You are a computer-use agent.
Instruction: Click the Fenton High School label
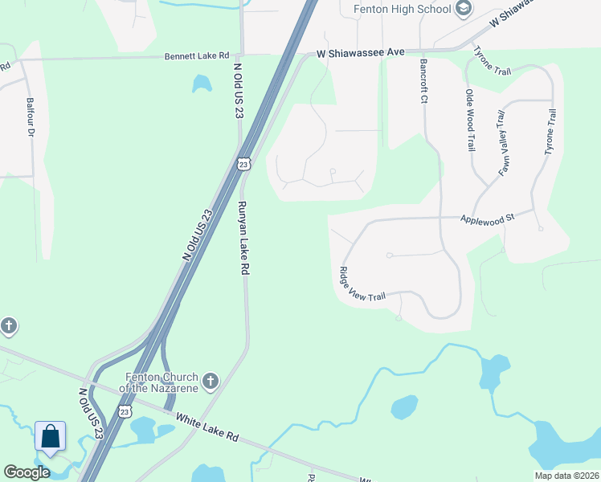point(403,9)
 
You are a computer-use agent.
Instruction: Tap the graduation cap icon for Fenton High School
point(464,9)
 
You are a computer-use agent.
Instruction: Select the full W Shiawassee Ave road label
point(360,51)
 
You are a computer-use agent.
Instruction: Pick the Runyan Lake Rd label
point(242,239)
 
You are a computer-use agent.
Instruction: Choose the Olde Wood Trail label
point(470,120)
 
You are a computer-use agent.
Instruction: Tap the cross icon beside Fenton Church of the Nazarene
point(211,381)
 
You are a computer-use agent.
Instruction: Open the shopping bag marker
point(51,437)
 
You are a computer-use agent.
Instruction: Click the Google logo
point(27,472)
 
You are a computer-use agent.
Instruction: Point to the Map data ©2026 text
point(565,476)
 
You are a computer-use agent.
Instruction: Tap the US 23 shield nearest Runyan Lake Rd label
point(243,164)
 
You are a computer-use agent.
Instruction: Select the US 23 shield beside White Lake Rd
point(123,411)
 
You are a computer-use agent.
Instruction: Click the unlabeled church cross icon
point(8,326)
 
